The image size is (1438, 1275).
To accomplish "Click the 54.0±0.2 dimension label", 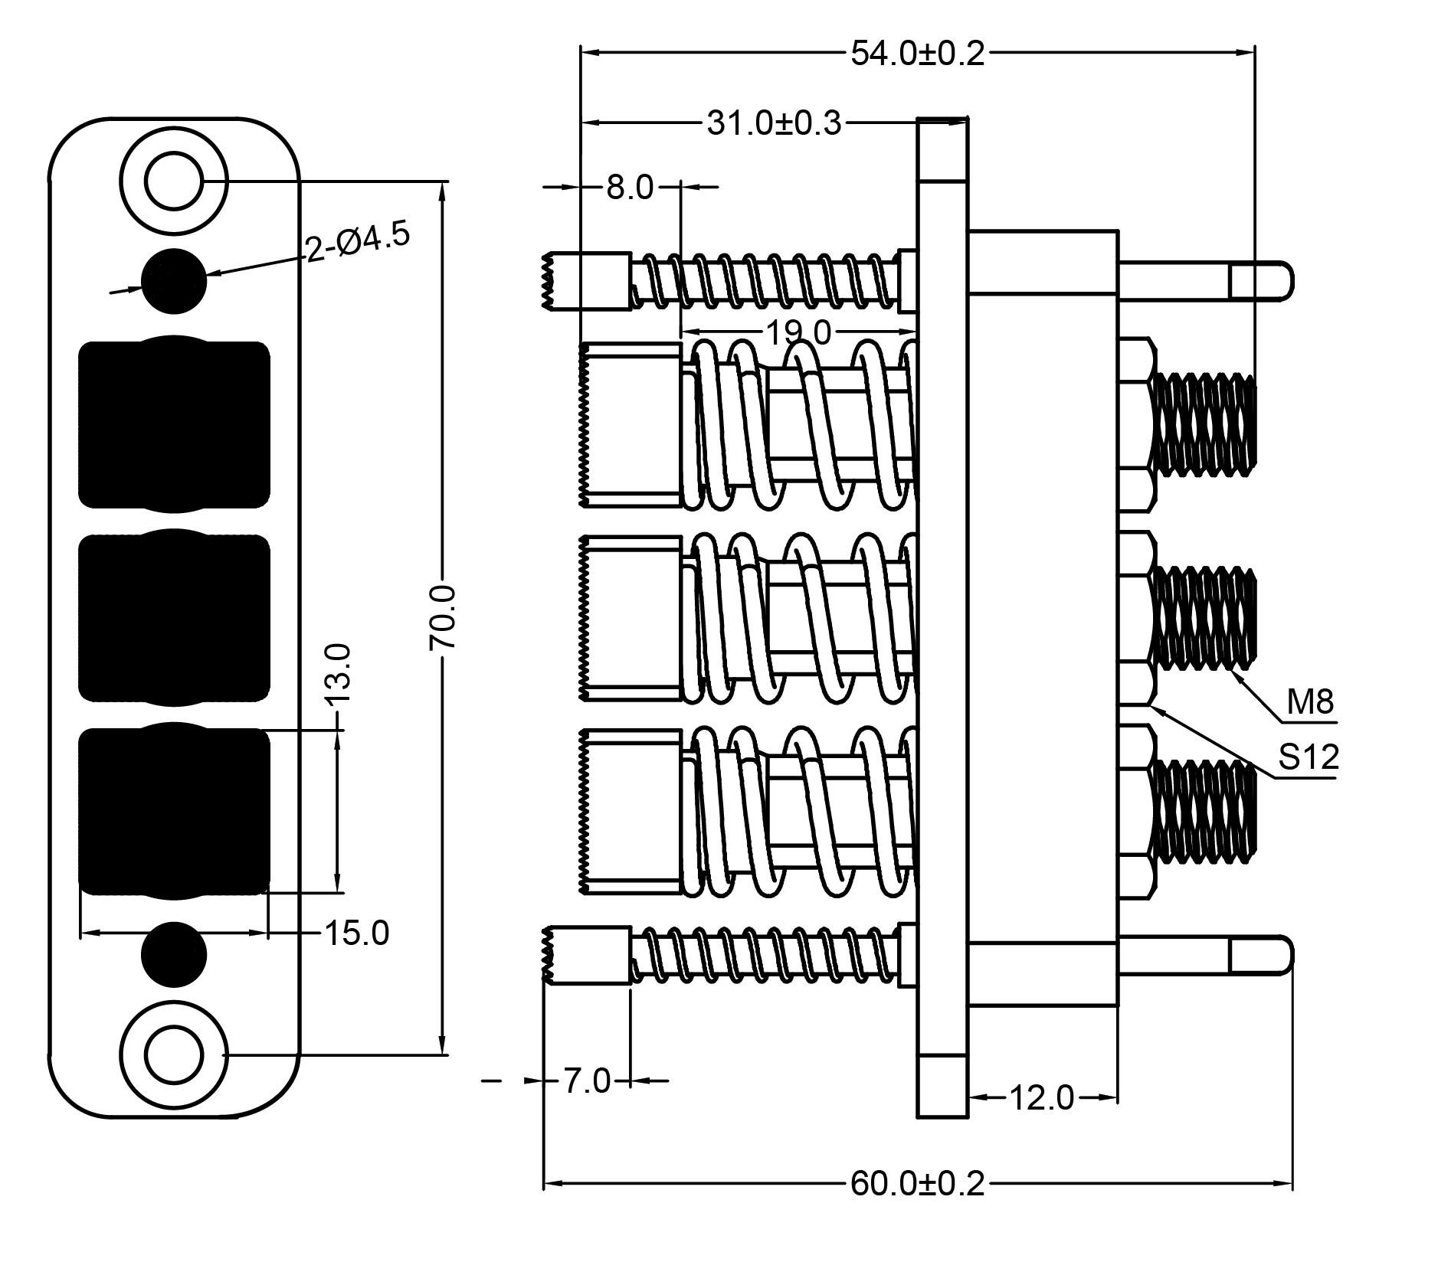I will [917, 54].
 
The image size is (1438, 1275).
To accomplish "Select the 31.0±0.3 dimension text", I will [773, 123].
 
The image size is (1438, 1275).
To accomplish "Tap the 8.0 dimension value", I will [630, 188].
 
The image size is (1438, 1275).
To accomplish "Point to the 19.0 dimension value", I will [798, 332].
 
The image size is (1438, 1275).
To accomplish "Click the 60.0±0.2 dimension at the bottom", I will [917, 1184].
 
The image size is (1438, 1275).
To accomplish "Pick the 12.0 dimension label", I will [1042, 1098].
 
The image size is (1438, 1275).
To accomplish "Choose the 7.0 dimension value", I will [587, 1081].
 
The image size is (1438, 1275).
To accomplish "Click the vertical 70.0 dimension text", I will [444, 617].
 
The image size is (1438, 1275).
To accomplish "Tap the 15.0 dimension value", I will [357, 933].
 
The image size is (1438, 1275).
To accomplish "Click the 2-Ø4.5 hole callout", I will [358, 242].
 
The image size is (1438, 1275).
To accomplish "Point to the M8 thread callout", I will [1310, 701].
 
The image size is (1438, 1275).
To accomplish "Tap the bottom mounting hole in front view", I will [174, 1054].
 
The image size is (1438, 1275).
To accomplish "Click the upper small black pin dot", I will [174, 281].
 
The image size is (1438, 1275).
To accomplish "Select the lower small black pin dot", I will [174, 954].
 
